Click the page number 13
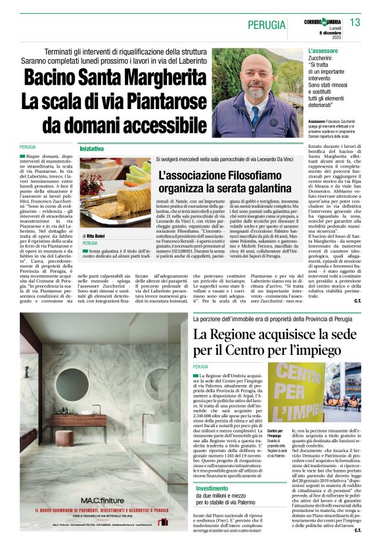[x=355, y=23]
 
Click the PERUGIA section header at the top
[x=267, y=26]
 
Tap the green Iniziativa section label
[x=92, y=149]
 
